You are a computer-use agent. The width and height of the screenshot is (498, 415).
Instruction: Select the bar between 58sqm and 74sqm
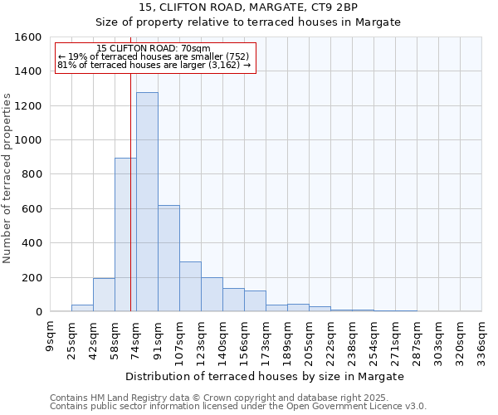pos(125,235)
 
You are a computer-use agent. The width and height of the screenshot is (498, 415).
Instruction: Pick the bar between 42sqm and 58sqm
pos(104,295)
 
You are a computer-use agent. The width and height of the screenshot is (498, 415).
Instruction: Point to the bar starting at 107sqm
pos(190,286)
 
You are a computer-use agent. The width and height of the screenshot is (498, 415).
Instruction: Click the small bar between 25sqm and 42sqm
pos(82,308)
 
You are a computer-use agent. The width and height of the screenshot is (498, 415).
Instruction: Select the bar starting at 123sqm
pos(212,295)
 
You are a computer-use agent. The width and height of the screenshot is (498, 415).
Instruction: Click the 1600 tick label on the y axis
pos(28,37)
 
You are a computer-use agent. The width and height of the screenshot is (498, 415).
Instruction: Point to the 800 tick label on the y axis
pos(32,174)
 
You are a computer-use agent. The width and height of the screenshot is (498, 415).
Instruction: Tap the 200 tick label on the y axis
pos(32,277)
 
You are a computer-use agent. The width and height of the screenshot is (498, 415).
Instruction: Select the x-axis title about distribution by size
pos(266,376)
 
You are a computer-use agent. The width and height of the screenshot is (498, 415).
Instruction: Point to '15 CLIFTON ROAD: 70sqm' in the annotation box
pos(154,49)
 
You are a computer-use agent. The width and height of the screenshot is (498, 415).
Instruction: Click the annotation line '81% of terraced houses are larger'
pos(154,65)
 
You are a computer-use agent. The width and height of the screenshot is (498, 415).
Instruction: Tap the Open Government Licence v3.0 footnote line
pos(238,406)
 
